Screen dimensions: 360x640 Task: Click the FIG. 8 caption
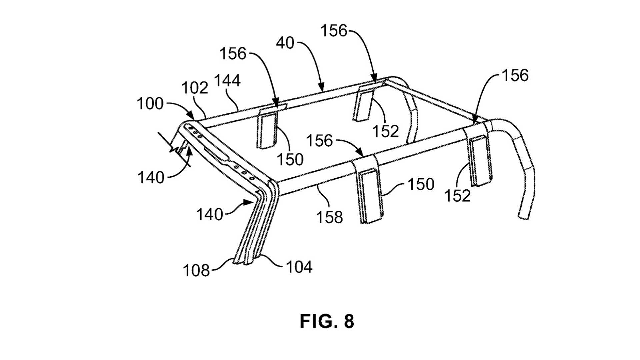(327, 321)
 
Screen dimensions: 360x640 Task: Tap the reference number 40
(285, 43)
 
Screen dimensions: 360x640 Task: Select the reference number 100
(150, 104)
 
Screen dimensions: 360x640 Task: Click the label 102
(195, 88)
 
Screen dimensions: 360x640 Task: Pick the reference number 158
(329, 217)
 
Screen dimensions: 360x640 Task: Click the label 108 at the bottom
(196, 270)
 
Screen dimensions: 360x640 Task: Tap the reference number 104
(299, 267)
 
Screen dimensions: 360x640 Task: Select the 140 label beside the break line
(151, 178)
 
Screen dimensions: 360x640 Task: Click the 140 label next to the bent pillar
(209, 214)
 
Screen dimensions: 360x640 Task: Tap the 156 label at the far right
(515, 75)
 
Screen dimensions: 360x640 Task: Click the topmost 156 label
(334, 31)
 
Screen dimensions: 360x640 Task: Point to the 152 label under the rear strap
(386, 131)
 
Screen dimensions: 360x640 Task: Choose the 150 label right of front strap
(421, 184)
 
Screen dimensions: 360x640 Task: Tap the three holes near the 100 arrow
(195, 131)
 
